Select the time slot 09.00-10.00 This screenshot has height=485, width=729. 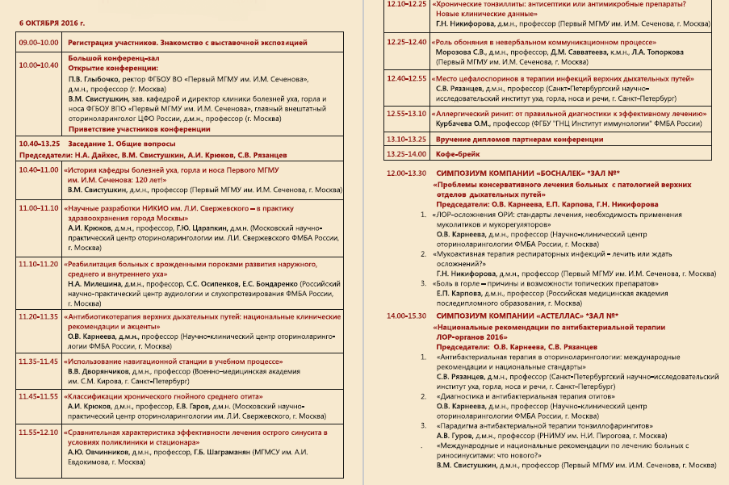40,41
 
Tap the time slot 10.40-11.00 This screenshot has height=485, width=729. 40,170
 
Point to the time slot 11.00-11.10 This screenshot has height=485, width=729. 40,208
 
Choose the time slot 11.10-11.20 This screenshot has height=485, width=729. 40,264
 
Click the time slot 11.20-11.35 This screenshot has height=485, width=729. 40,316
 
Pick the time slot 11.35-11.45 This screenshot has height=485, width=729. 40,361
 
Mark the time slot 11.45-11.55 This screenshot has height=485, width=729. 40,396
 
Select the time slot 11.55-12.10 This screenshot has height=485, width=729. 40,433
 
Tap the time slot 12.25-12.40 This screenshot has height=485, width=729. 407,41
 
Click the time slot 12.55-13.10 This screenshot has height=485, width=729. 407,115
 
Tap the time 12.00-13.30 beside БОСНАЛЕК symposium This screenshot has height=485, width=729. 407,174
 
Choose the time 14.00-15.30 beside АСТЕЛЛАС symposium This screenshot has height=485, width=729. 407,316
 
